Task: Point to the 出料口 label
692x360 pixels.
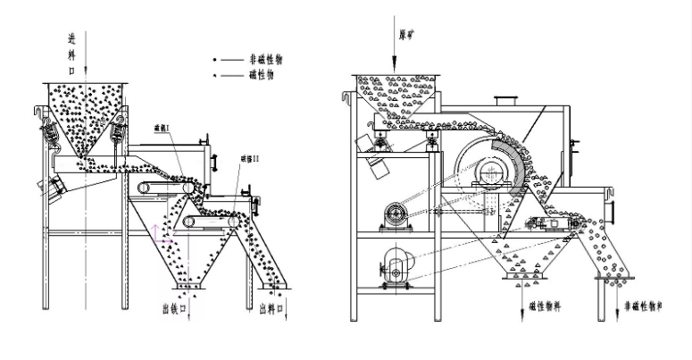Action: click(x=271, y=308)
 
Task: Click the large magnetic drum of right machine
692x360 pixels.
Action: click(x=491, y=170)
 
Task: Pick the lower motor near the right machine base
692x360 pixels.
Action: click(x=396, y=265)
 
